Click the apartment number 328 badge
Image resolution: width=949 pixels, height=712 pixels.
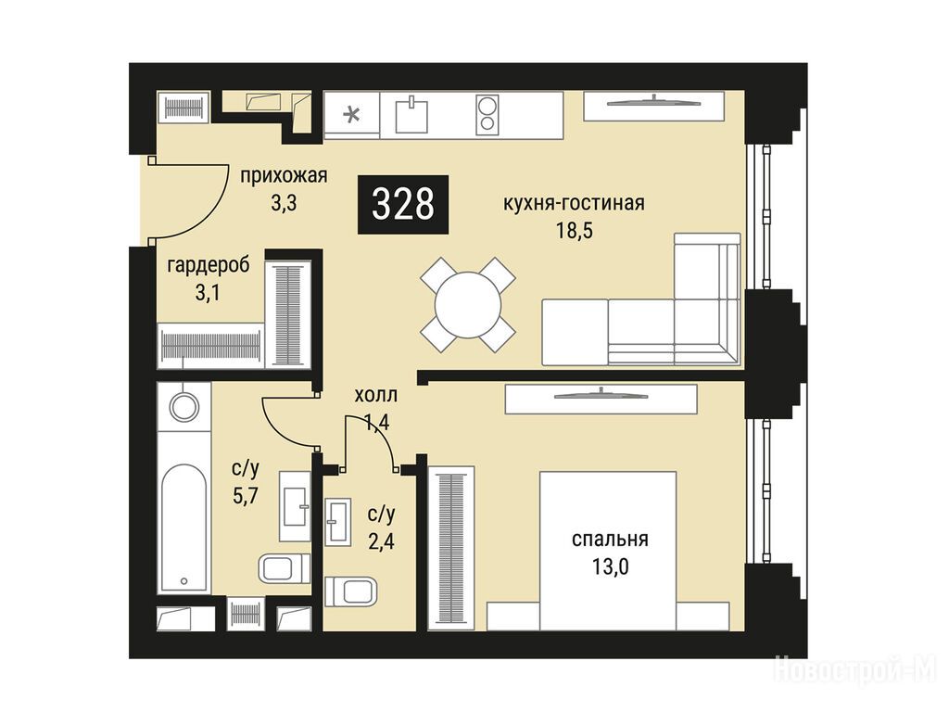click(x=403, y=204)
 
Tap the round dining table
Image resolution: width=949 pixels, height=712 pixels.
click(x=468, y=304)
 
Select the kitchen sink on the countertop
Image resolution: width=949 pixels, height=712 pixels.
click(x=411, y=115)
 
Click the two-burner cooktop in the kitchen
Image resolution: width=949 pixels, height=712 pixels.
click(x=486, y=114)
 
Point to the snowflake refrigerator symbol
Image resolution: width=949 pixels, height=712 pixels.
click(x=351, y=114)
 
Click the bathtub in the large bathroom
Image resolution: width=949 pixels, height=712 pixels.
click(x=184, y=527)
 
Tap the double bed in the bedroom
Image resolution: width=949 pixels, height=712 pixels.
click(x=608, y=551)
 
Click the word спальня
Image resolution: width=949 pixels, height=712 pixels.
click(x=610, y=539)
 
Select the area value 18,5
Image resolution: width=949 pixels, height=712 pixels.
click(x=575, y=231)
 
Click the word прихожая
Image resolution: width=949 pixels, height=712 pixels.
click(x=284, y=176)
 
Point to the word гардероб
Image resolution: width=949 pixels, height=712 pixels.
click(x=209, y=266)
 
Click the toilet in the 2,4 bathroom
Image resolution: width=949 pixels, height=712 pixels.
click(x=350, y=591)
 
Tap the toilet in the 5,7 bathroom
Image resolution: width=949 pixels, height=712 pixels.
click(x=285, y=568)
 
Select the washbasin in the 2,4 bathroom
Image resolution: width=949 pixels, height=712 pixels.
click(x=337, y=521)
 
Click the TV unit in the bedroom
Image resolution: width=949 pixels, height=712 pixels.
click(x=601, y=400)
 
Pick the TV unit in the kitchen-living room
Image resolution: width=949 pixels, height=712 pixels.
click(x=653, y=106)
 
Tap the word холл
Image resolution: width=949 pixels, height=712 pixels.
click(x=376, y=396)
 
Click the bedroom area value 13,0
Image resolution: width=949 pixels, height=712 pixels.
click(x=611, y=567)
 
